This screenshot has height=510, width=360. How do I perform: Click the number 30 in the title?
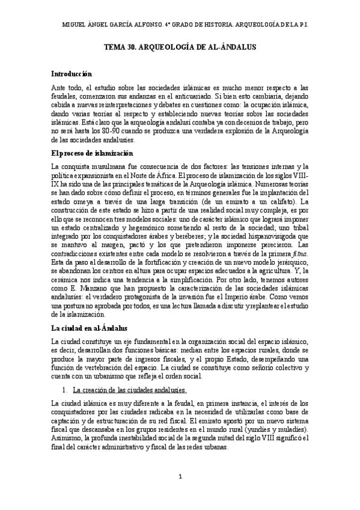pyautogui.click(x=133, y=53)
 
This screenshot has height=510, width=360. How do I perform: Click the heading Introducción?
pyautogui.click(x=71, y=75)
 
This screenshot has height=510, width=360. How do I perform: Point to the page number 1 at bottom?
pyautogui.click(x=180, y=477)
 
